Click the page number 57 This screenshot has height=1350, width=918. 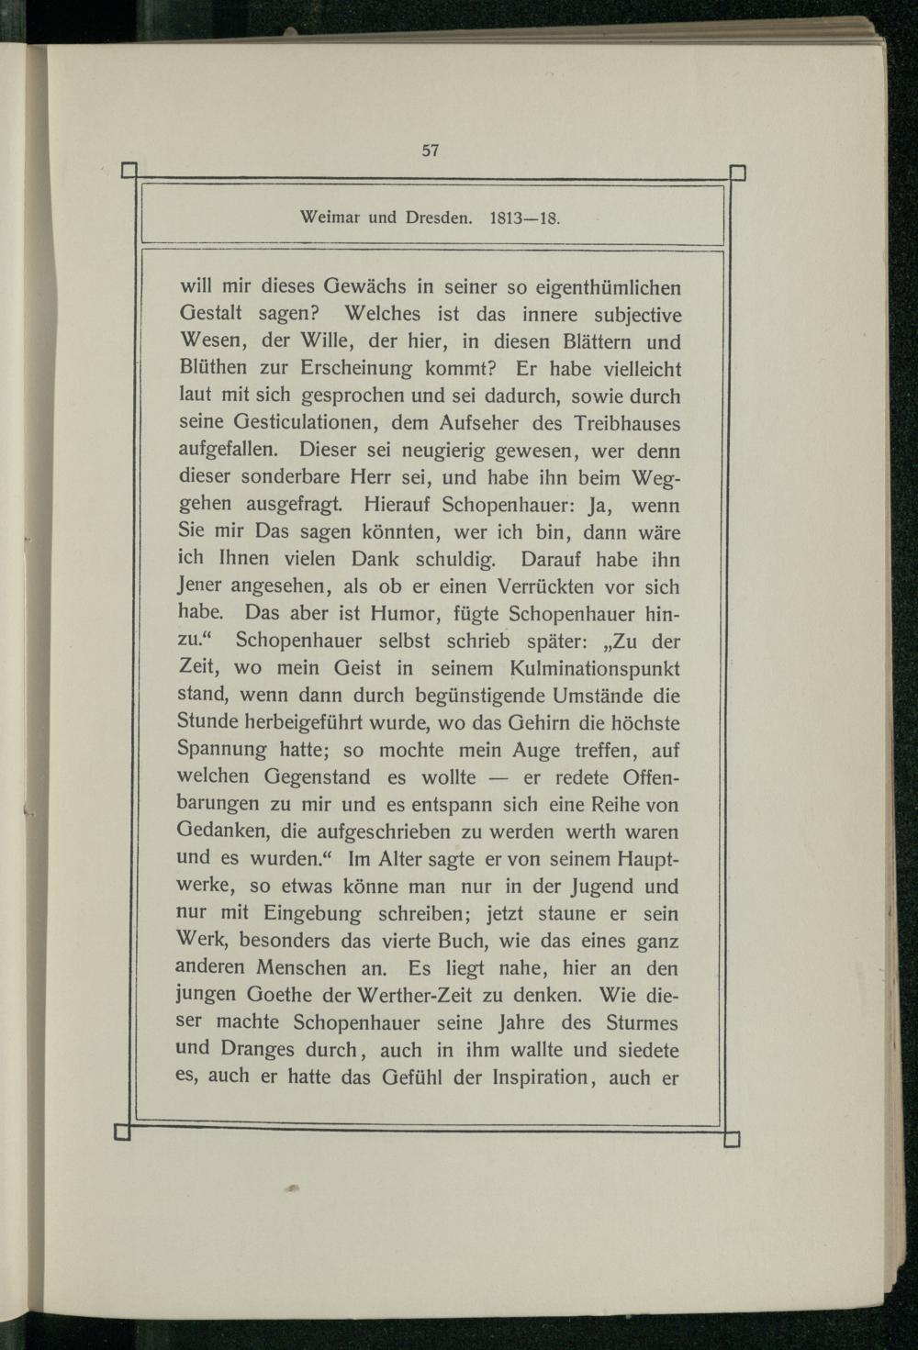431,151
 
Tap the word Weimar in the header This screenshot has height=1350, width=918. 330,219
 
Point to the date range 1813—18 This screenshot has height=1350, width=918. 525,219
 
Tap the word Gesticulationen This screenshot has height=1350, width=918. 294,424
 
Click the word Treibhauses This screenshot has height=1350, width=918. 626,424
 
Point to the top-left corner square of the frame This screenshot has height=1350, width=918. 129,171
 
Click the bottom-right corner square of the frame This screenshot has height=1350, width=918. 732,1140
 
